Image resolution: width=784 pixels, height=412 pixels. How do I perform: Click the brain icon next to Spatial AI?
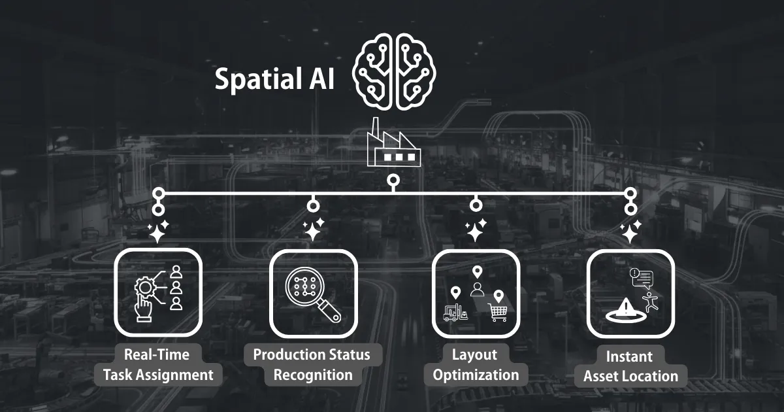click(394, 72)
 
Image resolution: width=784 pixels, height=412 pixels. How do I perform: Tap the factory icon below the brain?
click(394, 143)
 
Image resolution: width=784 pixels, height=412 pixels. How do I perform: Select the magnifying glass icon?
click(312, 295)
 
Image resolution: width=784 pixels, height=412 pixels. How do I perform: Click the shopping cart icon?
click(497, 313)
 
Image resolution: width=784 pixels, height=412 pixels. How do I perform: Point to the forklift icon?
click(455, 313)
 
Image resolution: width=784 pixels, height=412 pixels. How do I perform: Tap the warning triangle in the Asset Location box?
click(624, 307)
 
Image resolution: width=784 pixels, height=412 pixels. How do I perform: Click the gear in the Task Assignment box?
click(145, 288)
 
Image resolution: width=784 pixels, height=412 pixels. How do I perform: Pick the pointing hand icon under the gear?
click(143, 307)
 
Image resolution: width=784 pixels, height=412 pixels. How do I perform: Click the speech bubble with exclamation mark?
click(642, 278)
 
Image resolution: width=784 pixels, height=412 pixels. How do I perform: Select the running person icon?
click(650, 302)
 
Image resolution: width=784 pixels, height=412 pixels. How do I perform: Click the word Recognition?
click(313, 375)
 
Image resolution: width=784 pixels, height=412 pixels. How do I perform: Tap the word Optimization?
click(476, 375)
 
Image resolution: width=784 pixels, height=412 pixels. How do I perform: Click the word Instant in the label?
click(629, 356)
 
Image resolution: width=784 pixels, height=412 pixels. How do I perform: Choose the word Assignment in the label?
click(174, 375)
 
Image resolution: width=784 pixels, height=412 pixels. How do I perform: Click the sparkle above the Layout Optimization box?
click(476, 230)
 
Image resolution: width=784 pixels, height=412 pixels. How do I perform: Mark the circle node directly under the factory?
click(394, 180)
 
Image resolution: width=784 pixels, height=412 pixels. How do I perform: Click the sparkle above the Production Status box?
click(313, 230)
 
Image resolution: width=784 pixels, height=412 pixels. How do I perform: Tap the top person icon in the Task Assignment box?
click(176, 271)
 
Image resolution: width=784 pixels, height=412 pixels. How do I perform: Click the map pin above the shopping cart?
click(498, 296)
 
